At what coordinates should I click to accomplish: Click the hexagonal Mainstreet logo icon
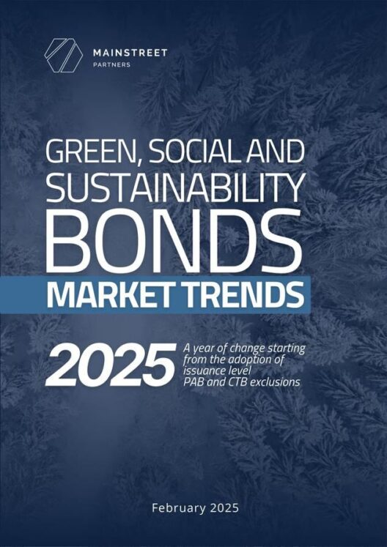click(x=63, y=56)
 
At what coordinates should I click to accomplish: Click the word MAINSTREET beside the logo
click(x=130, y=53)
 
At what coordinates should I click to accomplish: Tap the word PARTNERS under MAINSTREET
click(x=111, y=65)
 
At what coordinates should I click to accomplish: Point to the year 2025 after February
click(x=224, y=508)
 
